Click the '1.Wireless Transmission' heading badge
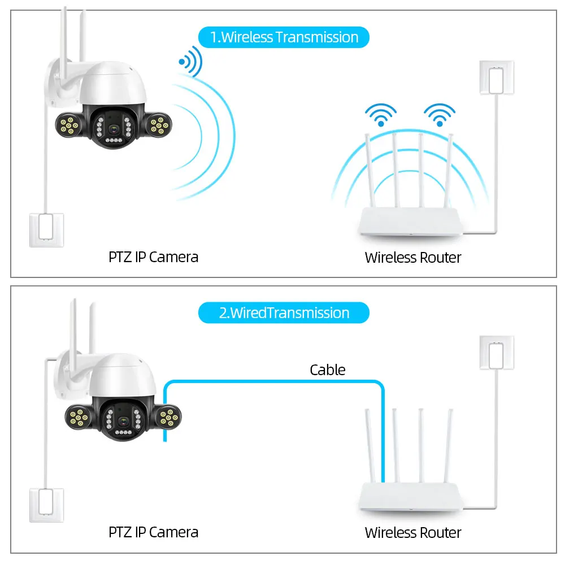pos(284,37)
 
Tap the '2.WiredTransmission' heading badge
pos(284,313)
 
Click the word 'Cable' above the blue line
pos(327,370)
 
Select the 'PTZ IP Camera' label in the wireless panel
pos(153,257)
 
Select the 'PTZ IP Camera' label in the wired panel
pos(153,532)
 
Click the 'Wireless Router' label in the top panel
pos(413,258)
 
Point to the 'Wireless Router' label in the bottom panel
pos(413,532)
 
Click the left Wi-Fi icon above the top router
pos(380,115)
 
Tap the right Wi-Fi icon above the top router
pos(439,115)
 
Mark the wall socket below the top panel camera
pos(46,229)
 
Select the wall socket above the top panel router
pos(497,77)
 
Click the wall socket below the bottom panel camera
pos(46,505)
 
